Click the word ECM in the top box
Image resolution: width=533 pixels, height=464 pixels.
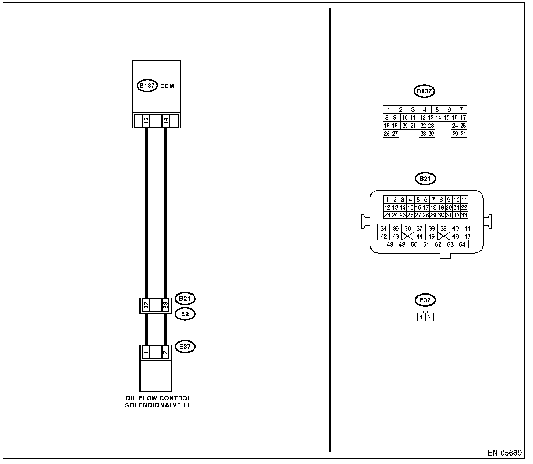coord(167,86)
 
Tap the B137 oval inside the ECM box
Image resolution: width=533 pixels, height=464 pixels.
coord(147,86)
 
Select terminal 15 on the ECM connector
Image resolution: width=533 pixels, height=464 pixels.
coord(146,120)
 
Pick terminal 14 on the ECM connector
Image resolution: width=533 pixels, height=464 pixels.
coord(165,120)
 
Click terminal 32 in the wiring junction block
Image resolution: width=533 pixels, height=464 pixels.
coord(146,304)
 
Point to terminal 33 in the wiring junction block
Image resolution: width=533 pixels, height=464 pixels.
coord(165,304)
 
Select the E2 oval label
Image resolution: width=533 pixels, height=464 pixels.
coord(185,314)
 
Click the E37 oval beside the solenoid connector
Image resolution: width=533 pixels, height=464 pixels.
coord(185,347)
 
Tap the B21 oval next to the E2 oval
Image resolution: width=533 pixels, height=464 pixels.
coord(185,299)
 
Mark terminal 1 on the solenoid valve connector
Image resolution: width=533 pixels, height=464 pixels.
coord(146,352)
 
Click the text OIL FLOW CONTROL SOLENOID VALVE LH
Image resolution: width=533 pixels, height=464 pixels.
coord(158,401)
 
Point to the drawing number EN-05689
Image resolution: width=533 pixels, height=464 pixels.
coord(504,453)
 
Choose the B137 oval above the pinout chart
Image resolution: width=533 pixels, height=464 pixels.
coord(424,91)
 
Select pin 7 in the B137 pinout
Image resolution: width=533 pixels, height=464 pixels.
coord(461,109)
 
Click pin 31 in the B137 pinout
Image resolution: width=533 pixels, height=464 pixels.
coord(463,134)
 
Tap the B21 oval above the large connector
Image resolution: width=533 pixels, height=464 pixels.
coord(425,179)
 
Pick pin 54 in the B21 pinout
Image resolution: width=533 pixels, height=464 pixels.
coord(462,244)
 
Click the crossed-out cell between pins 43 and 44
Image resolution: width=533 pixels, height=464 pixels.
coord(407,236)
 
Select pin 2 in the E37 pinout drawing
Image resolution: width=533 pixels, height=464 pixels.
coord(429,317)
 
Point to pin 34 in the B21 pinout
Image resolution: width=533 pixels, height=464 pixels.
coord(384,228)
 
